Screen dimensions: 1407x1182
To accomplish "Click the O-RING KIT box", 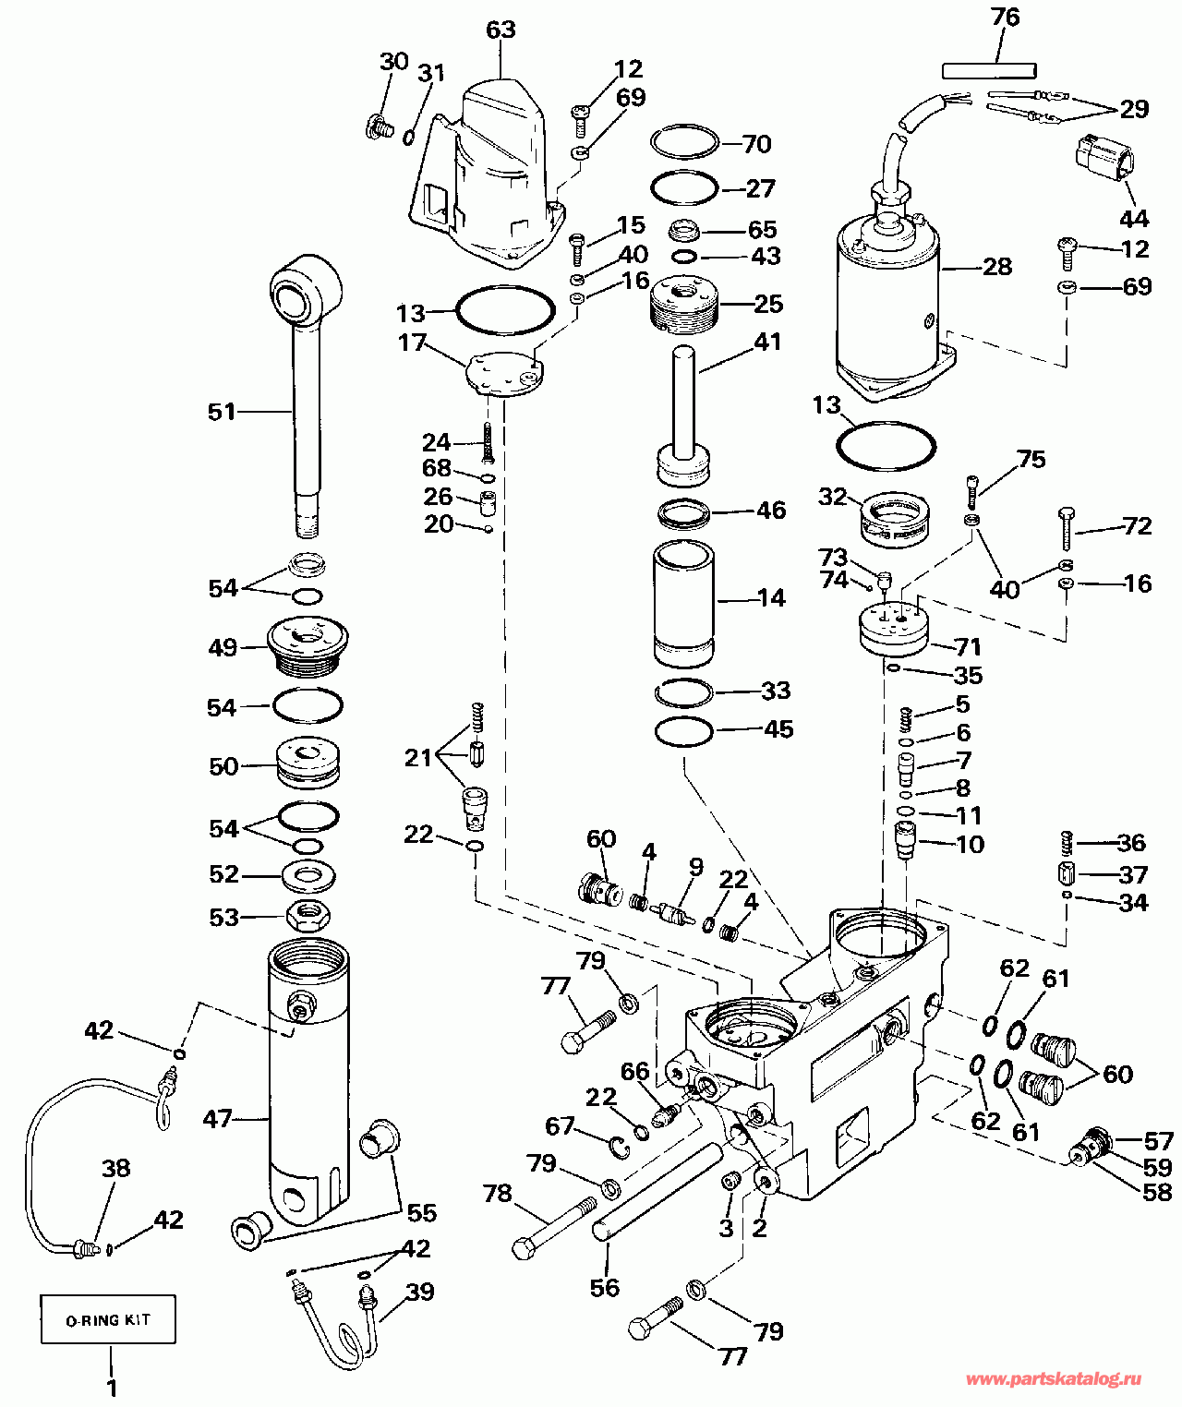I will point(108,1319).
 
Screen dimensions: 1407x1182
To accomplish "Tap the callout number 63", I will point(501,30).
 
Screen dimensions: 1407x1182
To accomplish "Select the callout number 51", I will point(222,411).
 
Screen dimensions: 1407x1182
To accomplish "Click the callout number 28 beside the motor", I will point(997,267).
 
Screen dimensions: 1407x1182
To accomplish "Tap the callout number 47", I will point(218,1119).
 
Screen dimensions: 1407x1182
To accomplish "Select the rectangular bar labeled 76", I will point(989,70).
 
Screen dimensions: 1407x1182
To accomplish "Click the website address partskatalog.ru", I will point(1053,1379).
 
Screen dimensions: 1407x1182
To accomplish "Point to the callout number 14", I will point(771,598).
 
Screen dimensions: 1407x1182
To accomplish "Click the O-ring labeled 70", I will point(684,143).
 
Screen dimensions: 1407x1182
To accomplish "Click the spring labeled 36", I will point(1067,842).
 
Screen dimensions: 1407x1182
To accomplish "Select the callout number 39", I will point(420,1292).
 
